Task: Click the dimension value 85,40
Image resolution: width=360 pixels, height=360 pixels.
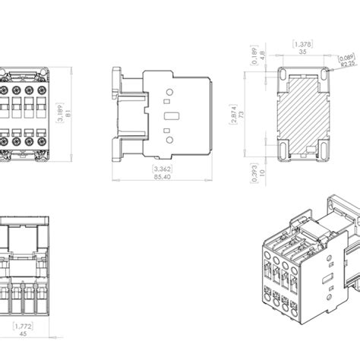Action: coord(160,176)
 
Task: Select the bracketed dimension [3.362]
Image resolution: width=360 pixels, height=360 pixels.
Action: coord(160,168)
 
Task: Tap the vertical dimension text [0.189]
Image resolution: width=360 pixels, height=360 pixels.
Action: coord(253,55)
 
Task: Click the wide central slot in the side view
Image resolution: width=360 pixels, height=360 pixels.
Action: coord(172,115)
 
